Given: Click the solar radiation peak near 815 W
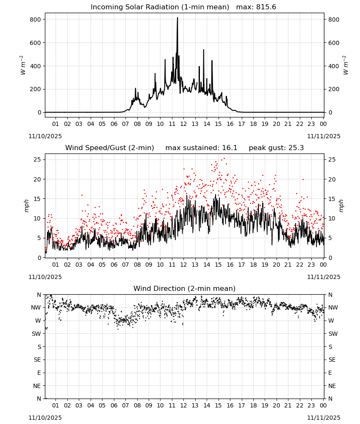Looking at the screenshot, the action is point(177,18).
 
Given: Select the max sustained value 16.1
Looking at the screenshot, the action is point(230,148).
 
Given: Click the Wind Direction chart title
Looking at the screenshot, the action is point(185,288).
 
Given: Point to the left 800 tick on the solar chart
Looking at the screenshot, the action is point(36,20).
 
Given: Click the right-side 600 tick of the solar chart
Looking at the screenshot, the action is point(334,43).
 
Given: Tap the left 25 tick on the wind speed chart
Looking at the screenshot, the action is point(37,159).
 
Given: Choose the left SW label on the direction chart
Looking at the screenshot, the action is point(36,334).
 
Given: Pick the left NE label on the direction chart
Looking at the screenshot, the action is point(37,386).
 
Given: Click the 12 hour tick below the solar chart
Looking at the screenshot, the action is point(183,124).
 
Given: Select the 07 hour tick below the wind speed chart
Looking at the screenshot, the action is point(125,265).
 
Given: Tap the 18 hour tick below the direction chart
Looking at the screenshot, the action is point(253,405).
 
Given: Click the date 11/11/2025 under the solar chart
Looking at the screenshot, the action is point(324,136).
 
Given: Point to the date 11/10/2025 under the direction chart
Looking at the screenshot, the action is point(45,418).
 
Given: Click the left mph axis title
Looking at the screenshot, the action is point(26,206).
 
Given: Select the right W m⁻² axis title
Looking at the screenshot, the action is point(346,65).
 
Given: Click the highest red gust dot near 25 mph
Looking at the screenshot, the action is point(224,159).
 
